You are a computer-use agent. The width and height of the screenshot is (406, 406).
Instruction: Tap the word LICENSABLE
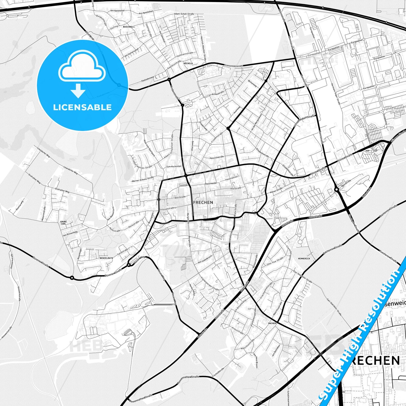click(82, 107)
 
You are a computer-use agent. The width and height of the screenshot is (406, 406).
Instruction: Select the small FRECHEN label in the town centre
click(203, 202)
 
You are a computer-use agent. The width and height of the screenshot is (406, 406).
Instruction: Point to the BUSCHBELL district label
click(129, 27)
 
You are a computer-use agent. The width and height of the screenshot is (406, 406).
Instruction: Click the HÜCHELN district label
click(188, 63)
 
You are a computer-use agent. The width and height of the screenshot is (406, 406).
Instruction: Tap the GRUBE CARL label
click(63, 223)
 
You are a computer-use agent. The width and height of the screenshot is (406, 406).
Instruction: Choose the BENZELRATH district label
click(106, 258)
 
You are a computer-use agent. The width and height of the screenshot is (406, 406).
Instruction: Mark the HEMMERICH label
click(304, 258)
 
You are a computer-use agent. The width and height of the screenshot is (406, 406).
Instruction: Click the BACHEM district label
click(272, 323)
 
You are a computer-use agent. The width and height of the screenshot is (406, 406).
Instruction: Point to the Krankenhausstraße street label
click(233, 66)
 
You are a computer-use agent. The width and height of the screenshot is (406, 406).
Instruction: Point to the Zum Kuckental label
click(174, 167)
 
